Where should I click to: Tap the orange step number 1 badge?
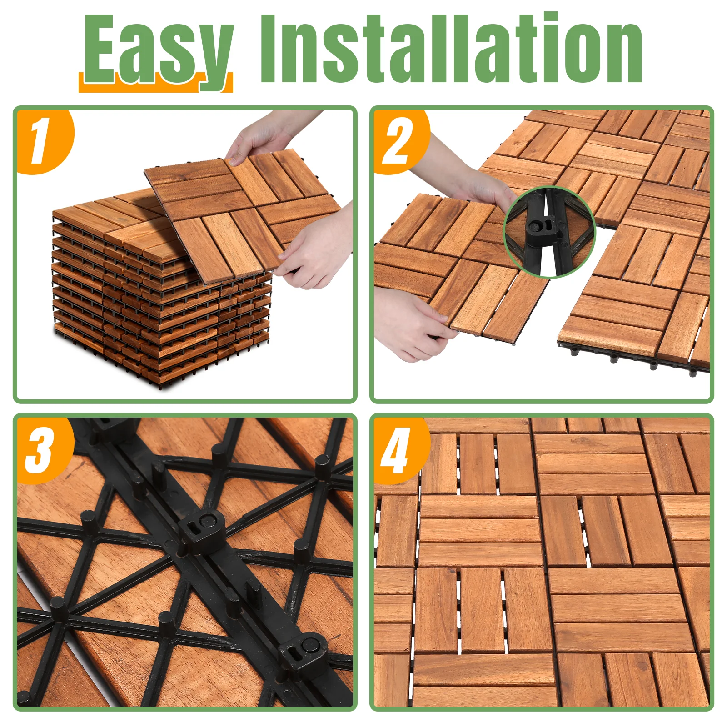pyautogui.click(x=45, y=141)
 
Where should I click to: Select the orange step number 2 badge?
pyautogui.click(x=400, y=141)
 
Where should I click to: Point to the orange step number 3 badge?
pyautogui.click(x=45, y=450)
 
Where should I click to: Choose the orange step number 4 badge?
pyautogui.click(x=400, y=450)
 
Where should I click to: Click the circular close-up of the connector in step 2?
pyautogui.click(x=549, y=232)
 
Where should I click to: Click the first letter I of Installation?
pyautogui.click(x=269, y=49)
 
